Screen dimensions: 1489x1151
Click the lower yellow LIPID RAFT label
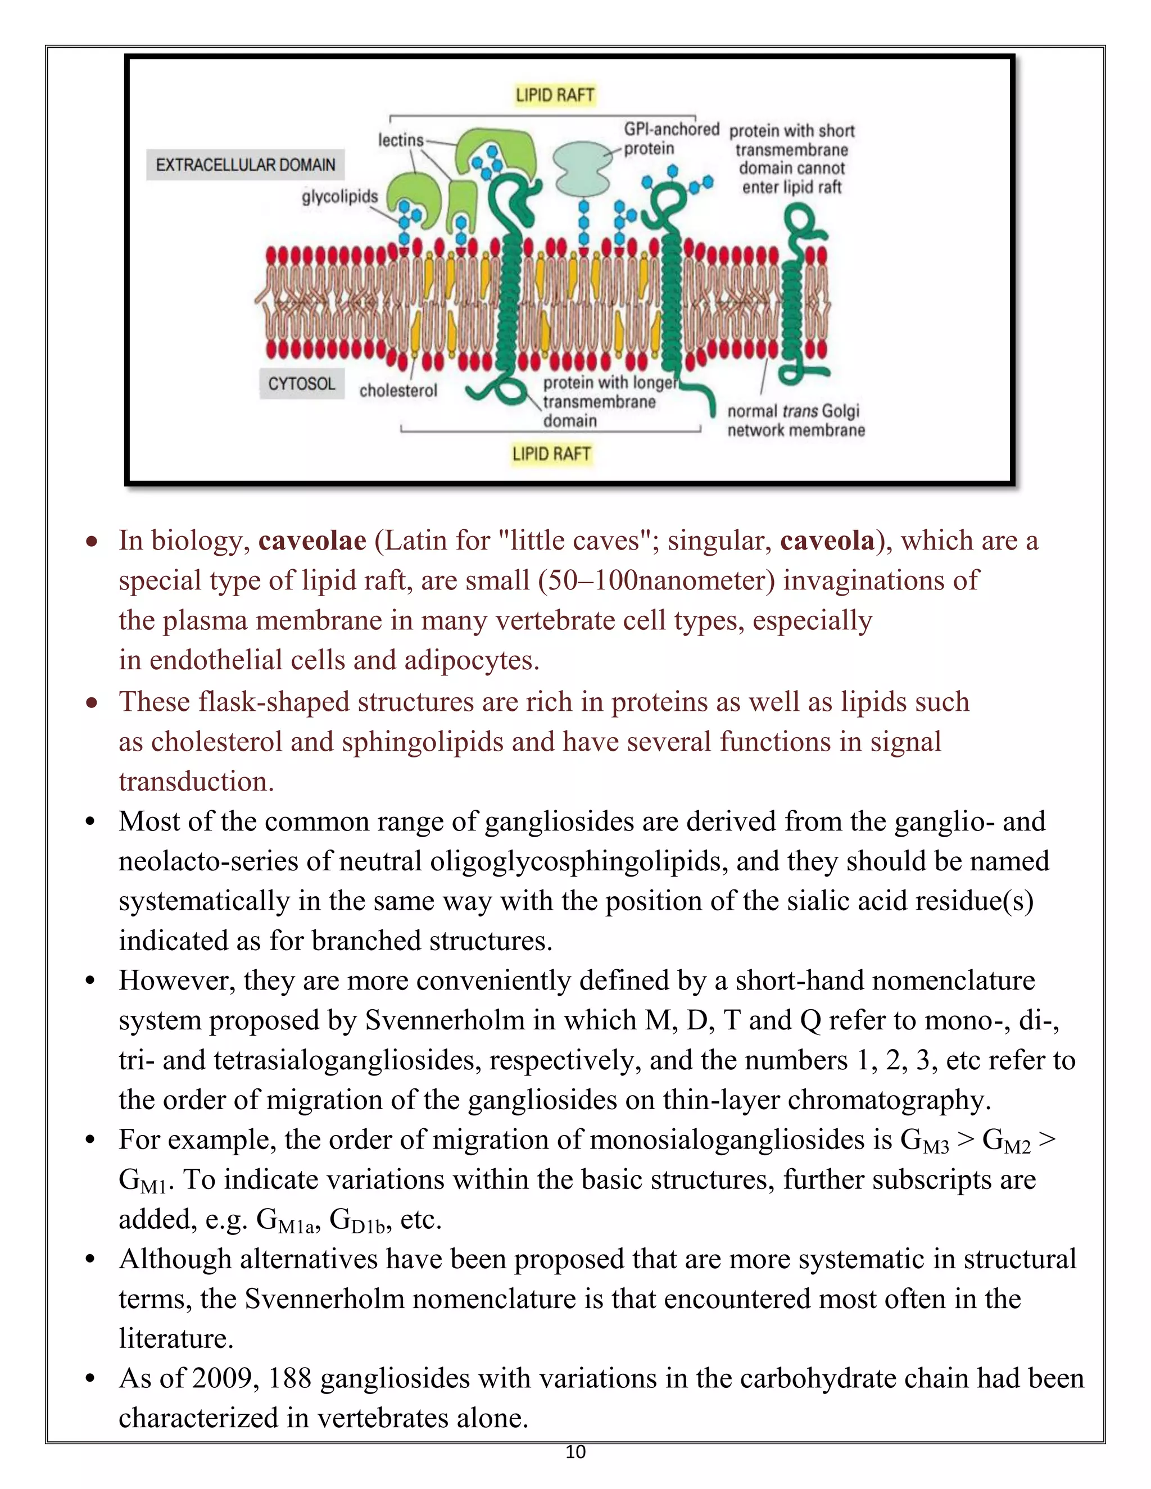click(x=551, y=453)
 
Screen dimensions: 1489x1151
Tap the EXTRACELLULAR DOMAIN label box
click(x=246, y=165)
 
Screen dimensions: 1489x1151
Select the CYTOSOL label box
click(x=301, y=384)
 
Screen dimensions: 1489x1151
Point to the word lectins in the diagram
click(x=401, y=140)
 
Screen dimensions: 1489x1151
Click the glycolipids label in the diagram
click(x=339, y=196)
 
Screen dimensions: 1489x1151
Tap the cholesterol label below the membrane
click(x=398, y=391)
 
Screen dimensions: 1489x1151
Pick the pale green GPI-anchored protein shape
click(x=581, y=167)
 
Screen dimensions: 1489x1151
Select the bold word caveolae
click(x=312, y=541)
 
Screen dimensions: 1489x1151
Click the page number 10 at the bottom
click(x=575, y=1452)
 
